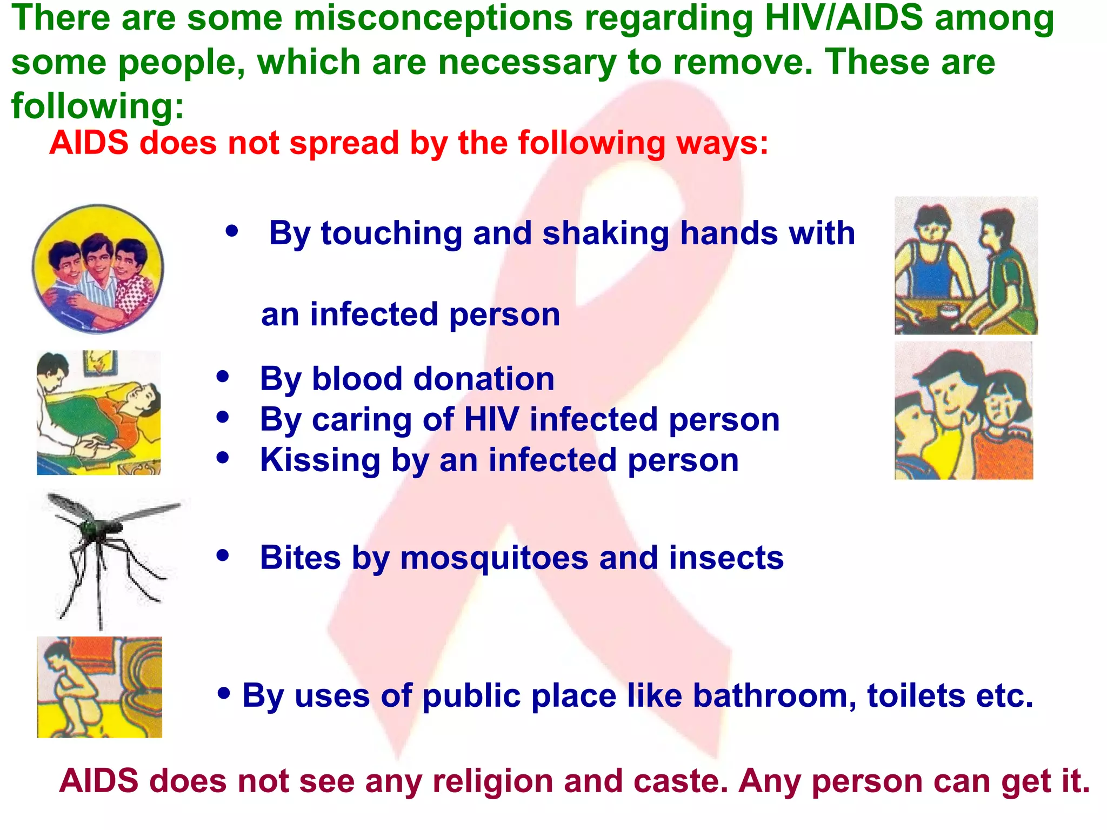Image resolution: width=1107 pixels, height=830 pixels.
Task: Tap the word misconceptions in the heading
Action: click(x=433, y=18)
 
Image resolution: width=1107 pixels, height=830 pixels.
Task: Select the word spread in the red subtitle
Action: click(x=344, y=144)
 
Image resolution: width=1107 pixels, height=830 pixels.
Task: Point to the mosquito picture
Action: click(x=108, y=557)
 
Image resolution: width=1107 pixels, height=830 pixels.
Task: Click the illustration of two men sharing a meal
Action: click(x=966, y=266)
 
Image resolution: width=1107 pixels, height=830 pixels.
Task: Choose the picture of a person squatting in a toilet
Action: click(x=99, y=687)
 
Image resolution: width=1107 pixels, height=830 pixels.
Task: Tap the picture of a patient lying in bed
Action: click(x=98, y=413)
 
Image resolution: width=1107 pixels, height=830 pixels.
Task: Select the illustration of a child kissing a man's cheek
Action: click(x=964, y=411)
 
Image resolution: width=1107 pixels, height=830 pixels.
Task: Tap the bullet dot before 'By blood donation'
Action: click(x=223, y=377)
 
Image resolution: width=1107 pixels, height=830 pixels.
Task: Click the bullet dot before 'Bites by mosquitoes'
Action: click(x=223, y=555)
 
